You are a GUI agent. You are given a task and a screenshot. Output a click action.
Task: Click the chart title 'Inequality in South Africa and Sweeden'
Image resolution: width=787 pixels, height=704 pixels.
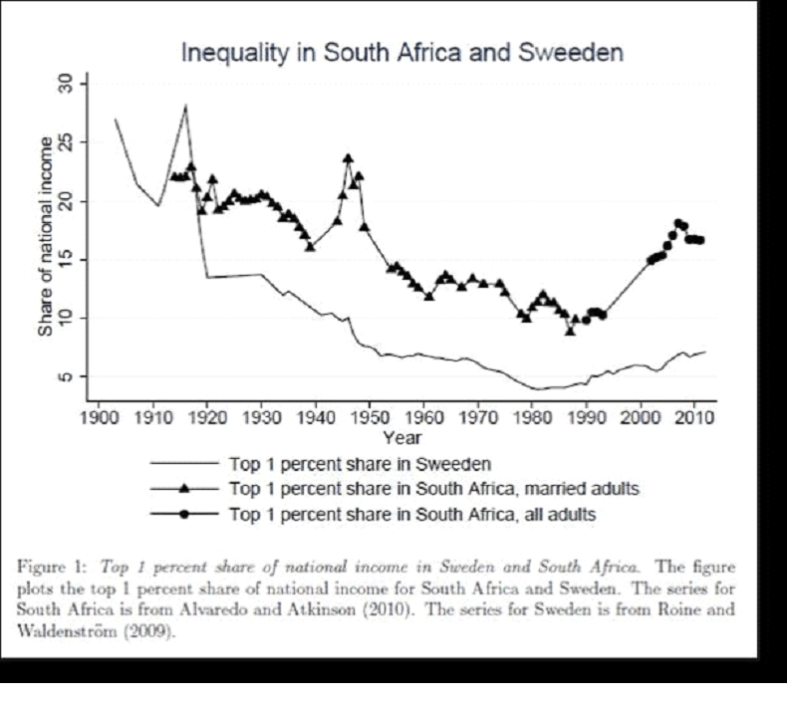click(401, 53)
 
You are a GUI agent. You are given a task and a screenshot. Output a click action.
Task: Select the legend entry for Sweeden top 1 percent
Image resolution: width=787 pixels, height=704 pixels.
click(360, 463)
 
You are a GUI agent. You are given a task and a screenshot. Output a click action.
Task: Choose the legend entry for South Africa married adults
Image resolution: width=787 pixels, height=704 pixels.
click(433, 488)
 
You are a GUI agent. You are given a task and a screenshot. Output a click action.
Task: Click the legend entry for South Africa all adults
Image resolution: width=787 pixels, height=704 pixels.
click(412, 514)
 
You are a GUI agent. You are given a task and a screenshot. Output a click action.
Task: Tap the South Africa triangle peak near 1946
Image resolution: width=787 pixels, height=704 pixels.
click(348, 157)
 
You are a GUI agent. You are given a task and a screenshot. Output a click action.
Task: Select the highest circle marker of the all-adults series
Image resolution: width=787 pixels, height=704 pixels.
click(678, 223)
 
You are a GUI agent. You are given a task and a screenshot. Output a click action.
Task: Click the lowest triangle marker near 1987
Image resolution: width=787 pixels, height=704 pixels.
click(570, 331)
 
